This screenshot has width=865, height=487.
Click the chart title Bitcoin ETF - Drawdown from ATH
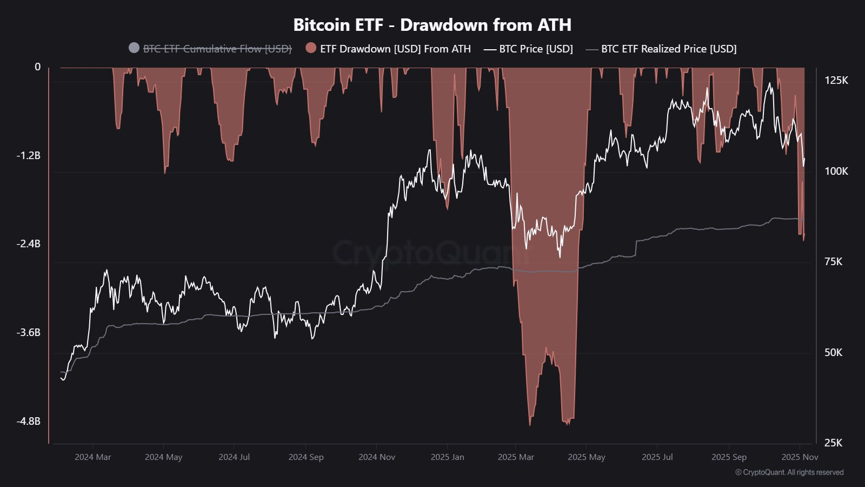(x=432, y=25)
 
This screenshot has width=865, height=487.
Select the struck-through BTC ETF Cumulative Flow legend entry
(x=217, y=49)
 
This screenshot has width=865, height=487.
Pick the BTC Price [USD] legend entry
(x=535, y=49)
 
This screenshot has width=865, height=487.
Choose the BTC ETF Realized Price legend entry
(x=668, y=49)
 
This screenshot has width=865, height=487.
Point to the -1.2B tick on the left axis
(x=28, y=156)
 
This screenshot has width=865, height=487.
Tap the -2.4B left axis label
(x=28, y=244)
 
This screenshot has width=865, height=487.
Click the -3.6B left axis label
(x=28, y=333)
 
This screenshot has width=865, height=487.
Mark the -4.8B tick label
(x=28, y=421)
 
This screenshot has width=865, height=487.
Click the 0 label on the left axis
(x=37, y=67)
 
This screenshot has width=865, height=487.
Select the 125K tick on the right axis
(x=836, y=81)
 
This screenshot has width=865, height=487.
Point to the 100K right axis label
(x=836, y=172)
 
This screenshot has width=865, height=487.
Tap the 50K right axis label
(x=833, y=353)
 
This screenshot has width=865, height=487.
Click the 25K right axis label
(x=833, y=443)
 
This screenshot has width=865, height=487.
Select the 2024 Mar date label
(x=92, y=457)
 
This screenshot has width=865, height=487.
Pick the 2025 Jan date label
(x=447, y=457)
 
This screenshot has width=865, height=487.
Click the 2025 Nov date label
(x=800, y=457)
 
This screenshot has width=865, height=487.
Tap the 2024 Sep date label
(x=305, y=457)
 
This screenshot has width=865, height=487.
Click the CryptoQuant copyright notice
(x=789, y=472)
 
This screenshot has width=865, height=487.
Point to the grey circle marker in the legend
(x=134, y=48)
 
